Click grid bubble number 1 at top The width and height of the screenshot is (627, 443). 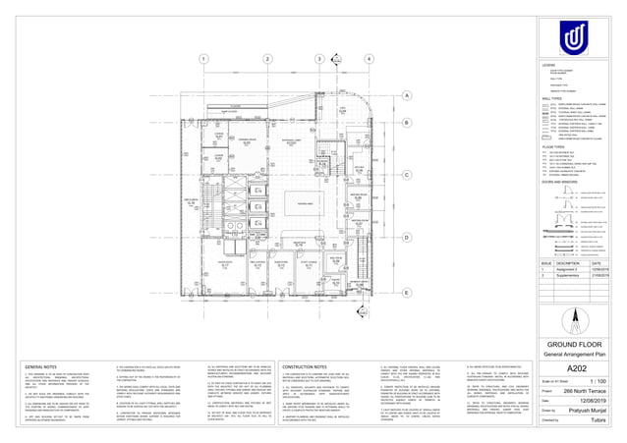pos(204,60)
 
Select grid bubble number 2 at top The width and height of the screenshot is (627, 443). pos(266,60)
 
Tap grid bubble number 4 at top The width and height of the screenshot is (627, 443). pos(367,60)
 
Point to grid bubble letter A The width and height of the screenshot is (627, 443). pos(406,96)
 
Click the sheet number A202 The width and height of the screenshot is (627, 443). pos(590,366)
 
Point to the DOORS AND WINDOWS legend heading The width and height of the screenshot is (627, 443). pos(556,183)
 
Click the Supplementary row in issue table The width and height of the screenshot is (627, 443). pos(569,276)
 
